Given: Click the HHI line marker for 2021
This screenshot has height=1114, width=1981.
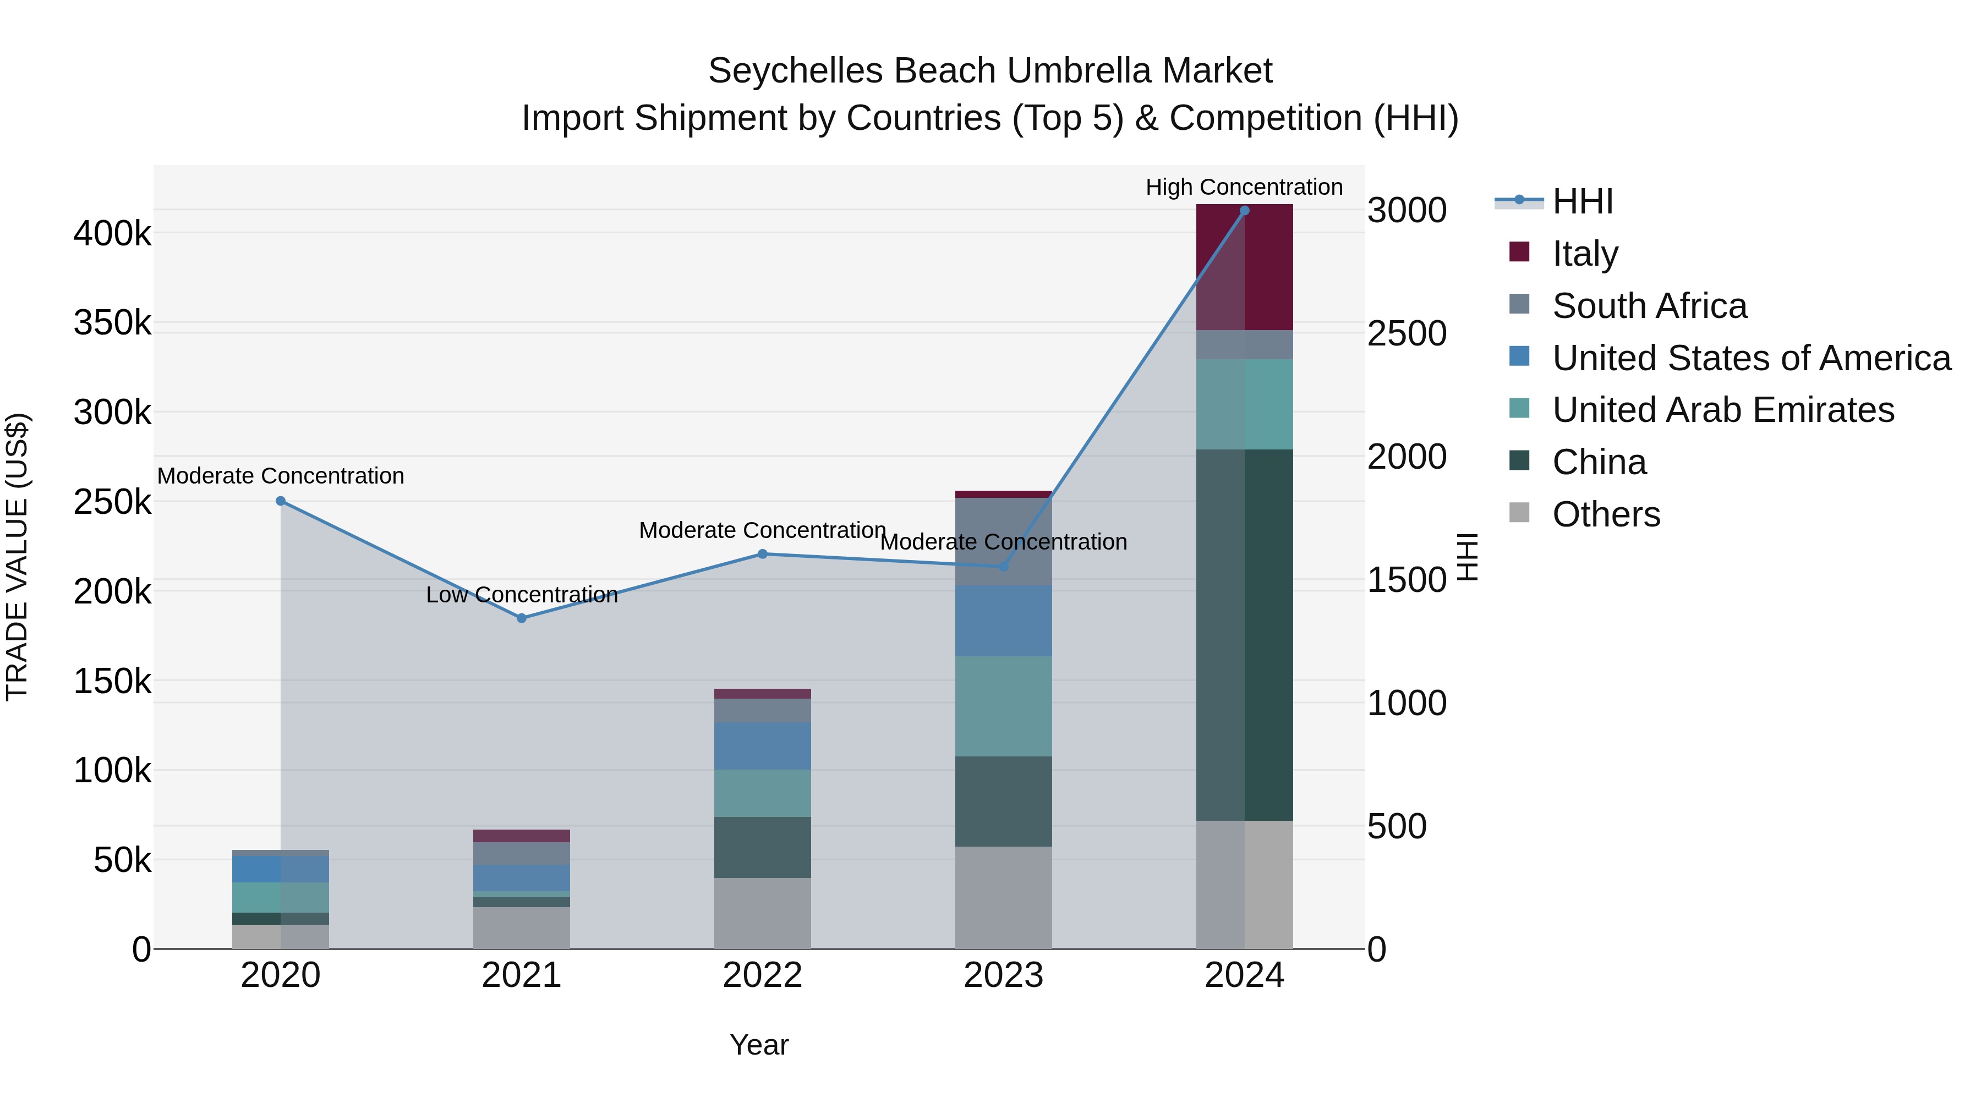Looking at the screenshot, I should click(x=522, y=618).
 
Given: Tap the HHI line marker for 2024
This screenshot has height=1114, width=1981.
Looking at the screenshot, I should click(x=1244, y=211).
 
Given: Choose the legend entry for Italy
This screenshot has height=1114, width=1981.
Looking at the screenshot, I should click(x=1584, y=254).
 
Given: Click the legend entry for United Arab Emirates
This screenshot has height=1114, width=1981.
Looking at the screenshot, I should click(x=1722, y=410).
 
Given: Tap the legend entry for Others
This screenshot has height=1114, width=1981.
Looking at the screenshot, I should click(x=1606, y=514).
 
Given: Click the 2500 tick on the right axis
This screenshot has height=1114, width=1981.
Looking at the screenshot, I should click(x=1407, y=334).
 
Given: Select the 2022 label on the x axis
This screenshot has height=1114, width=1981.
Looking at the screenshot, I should click(x=762, y=975).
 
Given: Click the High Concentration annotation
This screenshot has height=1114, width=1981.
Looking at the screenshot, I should click(x=1244, y=187).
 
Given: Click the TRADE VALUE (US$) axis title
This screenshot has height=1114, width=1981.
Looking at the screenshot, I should click(x=17, y=557).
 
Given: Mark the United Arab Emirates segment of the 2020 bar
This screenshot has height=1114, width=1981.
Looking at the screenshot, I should click(x=281, y=897).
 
